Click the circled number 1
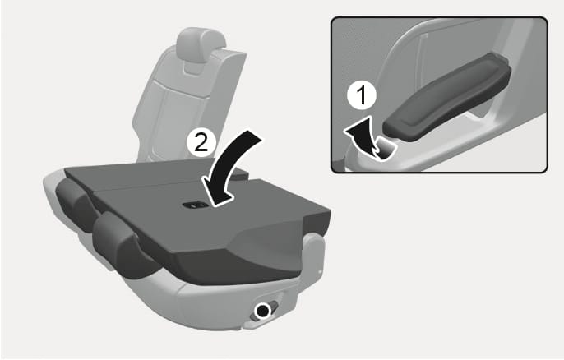(x=362, y=96)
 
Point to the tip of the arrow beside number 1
(x=344, y=131)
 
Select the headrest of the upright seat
(x=200, y=45)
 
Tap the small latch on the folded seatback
(x=195, y=205)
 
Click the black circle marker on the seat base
(x=262, y=310)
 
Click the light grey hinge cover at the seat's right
(x=314, y=252)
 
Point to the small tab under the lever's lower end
(x=385, y=150)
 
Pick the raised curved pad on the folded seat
(x=273, y=233)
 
